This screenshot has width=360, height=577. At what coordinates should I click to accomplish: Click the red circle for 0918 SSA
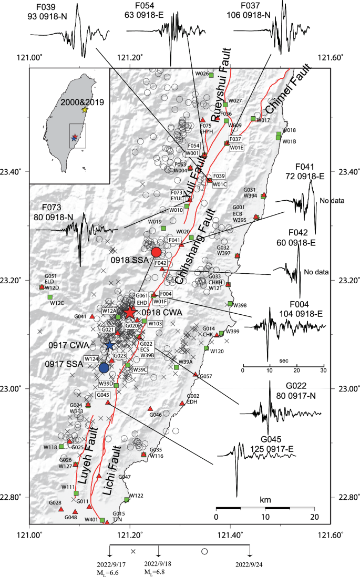pos(156,252)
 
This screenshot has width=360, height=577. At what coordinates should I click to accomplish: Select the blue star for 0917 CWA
pos(109,345)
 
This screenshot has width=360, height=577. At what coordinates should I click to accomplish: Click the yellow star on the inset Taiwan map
pos(85,110)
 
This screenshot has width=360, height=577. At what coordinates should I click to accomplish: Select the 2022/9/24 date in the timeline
pos(249,565)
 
